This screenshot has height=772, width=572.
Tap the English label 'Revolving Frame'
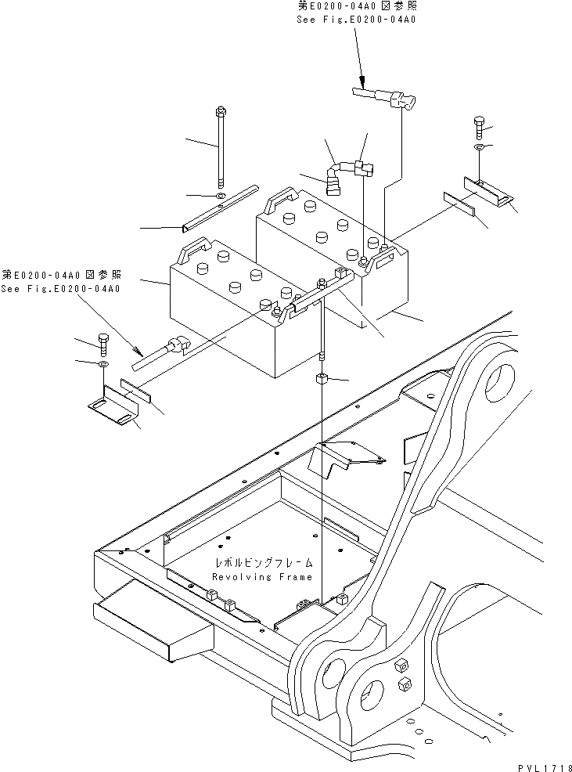click(262, 576)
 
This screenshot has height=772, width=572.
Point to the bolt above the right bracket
click(479, 125)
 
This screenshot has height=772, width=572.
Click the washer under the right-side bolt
click(479, 146)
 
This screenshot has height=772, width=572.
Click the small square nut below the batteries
click(322, 381)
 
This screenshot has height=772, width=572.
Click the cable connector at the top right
click(387, 97)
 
